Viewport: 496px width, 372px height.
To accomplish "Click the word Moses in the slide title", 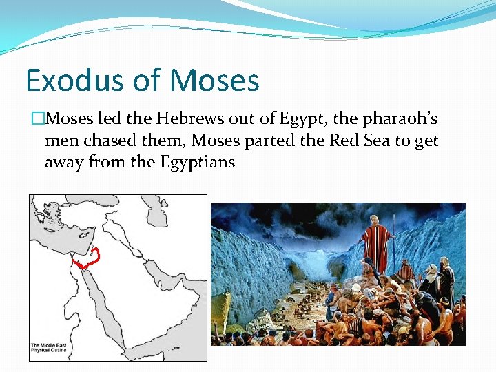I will point(214,81).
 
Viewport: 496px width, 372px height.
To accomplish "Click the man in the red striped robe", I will point(375,245).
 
